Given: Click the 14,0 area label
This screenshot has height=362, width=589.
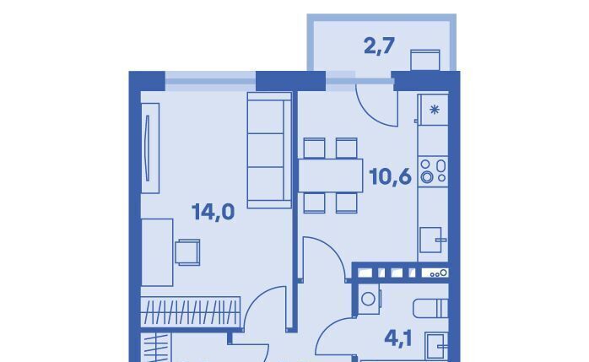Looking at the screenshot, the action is [x=213, y=212].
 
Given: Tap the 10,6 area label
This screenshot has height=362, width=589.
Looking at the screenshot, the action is [x=391, y=176].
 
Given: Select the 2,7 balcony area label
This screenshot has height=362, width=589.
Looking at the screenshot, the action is [x=379, y=46].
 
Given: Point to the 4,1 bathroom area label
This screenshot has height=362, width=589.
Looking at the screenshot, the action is [x=397, y=338].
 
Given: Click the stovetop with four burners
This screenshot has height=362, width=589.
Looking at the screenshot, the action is [x=433, y=171].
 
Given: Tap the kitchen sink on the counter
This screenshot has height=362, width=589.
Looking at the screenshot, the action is [x=432, y=240].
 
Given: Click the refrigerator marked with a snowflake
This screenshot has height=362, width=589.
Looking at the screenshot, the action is [x=433, y=110].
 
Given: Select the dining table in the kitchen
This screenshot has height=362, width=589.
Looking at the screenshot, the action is [x=331, y=176].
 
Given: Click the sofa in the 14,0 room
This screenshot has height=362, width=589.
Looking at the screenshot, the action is [x=269, y=150].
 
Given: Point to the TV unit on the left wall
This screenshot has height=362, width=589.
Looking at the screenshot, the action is [x=150, y=148].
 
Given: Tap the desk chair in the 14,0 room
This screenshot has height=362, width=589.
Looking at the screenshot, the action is [x=187, y=252].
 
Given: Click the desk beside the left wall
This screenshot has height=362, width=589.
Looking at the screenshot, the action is [x=157, y=252].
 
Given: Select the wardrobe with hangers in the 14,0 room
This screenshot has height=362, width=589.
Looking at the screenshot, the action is [x=191, y=311].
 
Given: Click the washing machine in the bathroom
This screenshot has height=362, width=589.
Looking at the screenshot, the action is [x=369, y=299].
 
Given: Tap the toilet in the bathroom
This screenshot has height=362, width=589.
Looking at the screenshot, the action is [x=431, y=308].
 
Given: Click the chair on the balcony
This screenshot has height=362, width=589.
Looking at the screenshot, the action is [x=425, y=60].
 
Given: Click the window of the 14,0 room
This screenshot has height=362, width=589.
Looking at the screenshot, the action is [x=210, y=81].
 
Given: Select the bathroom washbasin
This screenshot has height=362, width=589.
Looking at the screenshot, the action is [x=436, y=346].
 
